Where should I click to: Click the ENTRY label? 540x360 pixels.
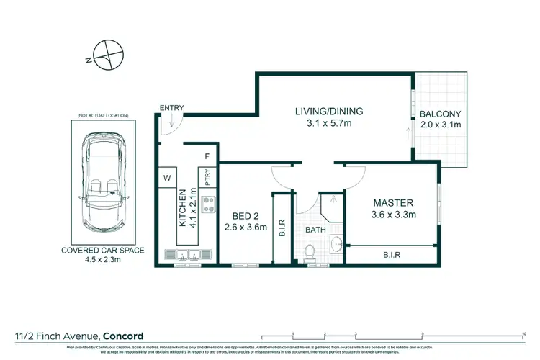(172, 108)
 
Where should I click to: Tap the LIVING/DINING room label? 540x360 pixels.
(329, 112)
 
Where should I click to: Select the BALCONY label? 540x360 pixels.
(440, 114)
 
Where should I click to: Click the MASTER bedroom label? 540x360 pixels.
(391, 204)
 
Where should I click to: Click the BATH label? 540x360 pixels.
(315, 230)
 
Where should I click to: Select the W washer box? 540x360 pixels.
(166, 177)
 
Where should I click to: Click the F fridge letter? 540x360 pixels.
(207, 156)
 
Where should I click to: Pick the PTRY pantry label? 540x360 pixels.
(207, 177)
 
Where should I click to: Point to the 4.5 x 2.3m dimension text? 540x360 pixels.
(102, 261)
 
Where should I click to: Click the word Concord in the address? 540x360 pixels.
(123, 336)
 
